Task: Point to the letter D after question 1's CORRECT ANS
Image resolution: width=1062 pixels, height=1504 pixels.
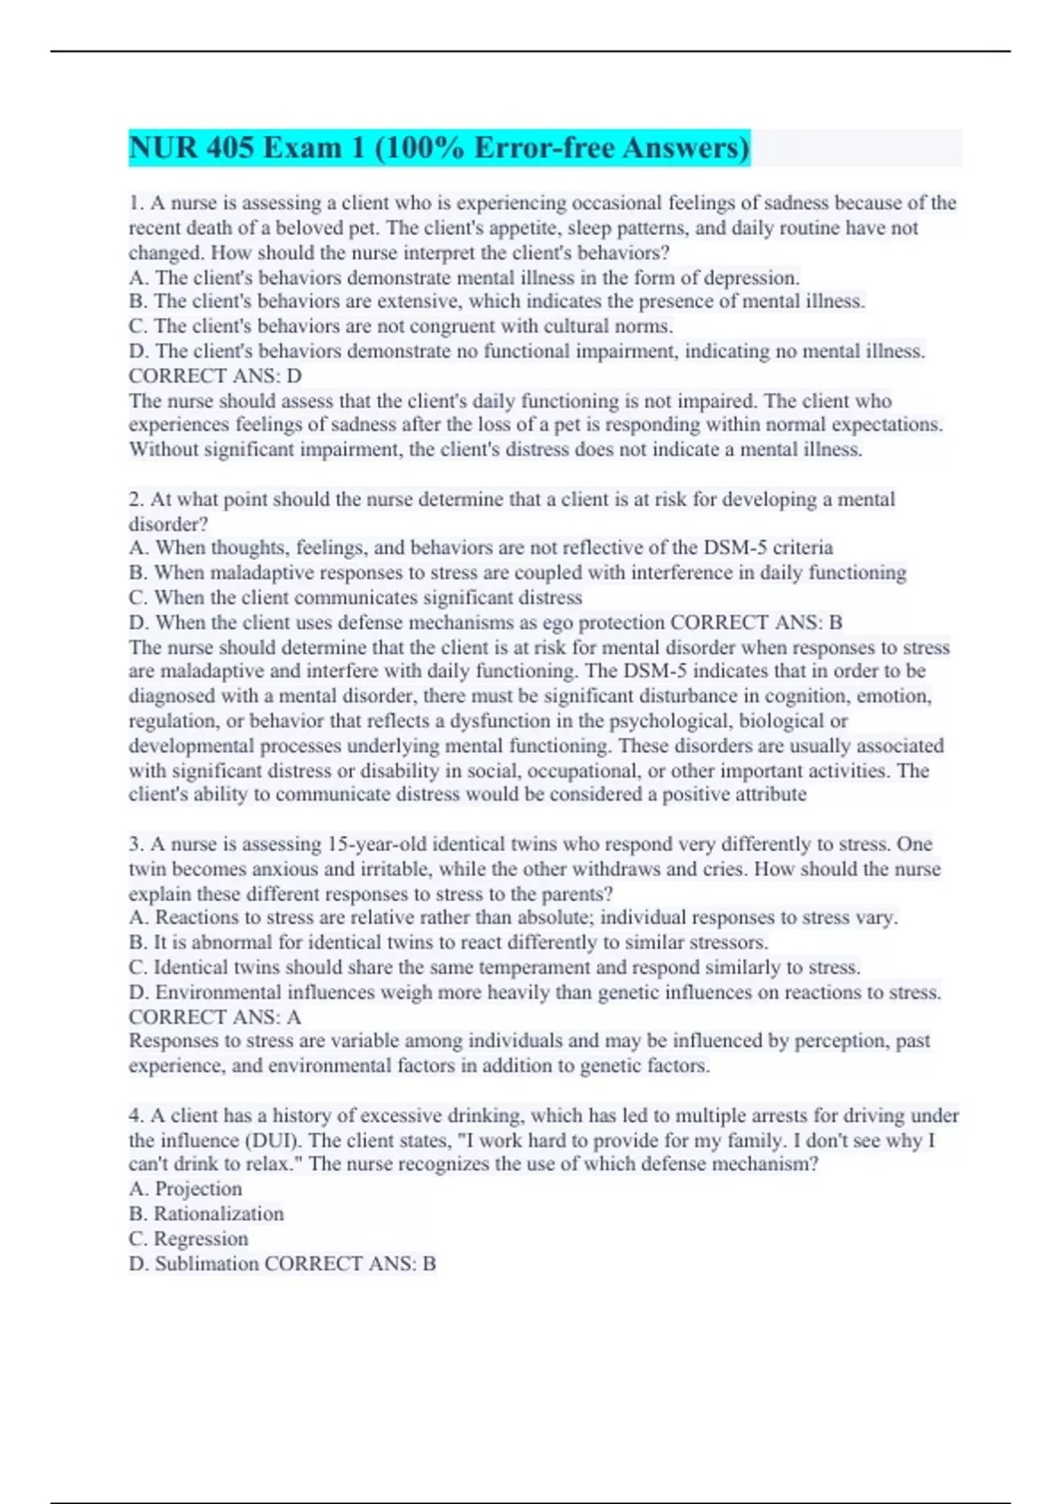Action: point(295,376)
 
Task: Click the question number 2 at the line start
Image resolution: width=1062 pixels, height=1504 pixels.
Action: point(135,500)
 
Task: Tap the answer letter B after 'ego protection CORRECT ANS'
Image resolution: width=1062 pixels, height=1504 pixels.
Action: point(835,623)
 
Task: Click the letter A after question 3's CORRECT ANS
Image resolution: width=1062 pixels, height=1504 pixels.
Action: point(294,1017)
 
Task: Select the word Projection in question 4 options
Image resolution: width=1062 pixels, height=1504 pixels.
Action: point(198,1189)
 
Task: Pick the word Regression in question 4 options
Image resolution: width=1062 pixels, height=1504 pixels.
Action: point(201,1239)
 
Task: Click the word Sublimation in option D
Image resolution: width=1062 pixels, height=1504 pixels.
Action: point(207,1263)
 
